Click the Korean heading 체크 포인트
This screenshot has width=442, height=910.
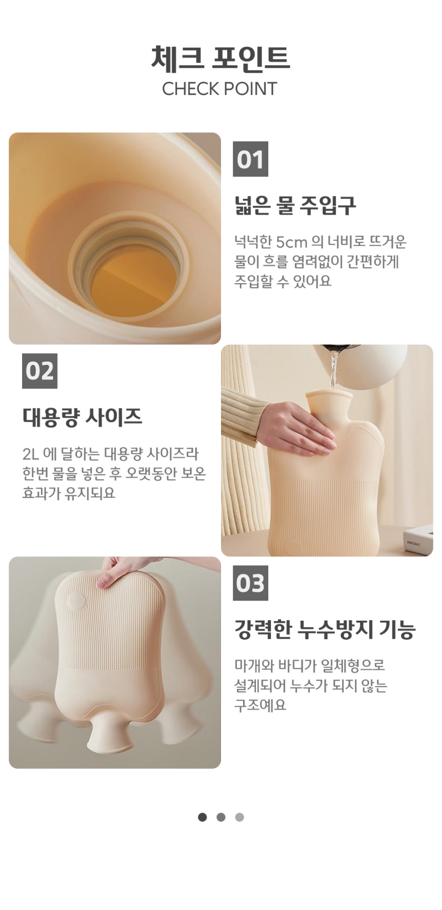coord(220,58)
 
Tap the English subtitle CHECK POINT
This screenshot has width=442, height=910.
coord(219,89)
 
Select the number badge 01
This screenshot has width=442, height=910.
coord(250,159)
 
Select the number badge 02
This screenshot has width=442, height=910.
coord(40,371)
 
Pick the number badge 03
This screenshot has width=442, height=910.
coord(250,583)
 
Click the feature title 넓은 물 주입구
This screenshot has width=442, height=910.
coord(295,206)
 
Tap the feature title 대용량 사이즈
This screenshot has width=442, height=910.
coord(82,417)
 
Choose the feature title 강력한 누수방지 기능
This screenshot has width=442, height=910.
coord(325,629)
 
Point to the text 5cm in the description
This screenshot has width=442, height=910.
coord(291,242)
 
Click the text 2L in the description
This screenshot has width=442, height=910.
coord(30,454)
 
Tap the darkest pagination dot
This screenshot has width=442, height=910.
coord(202,817)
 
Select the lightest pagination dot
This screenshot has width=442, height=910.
coord(240,817)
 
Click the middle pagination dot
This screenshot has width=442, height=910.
coord(221,817)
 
